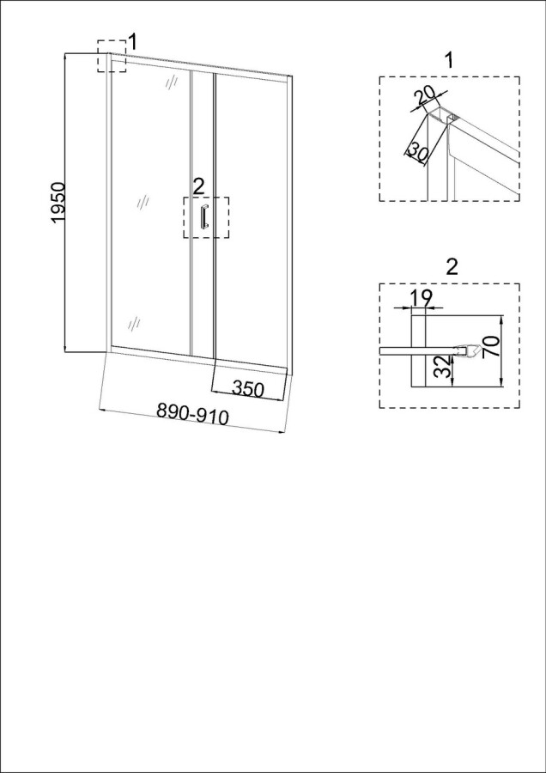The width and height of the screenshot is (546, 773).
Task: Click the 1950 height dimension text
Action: (x=58, y=203)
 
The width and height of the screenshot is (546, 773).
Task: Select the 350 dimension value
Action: (x=248, y=389)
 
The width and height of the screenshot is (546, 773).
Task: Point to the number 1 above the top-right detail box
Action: (x=448, y=60)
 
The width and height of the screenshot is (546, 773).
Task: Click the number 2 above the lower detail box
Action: (x=452, y=267)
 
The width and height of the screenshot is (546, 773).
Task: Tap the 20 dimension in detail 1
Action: (x=425, y=96)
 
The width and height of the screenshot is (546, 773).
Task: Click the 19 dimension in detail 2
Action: (x=421, y=298)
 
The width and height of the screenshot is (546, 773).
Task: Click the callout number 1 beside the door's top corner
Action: (x=132, y=43)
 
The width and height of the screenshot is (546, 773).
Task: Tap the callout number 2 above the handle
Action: (x=198, y=186)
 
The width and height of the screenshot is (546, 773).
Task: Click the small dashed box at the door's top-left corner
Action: (x=112, y=56)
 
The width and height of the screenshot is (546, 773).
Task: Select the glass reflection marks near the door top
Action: (x=171, y=82)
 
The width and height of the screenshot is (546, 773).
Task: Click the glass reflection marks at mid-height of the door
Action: (x=143, y=202)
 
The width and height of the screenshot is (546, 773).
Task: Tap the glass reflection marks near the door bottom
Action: (x=134, y=324)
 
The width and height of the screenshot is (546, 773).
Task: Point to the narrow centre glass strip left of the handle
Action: (x=202, y=215)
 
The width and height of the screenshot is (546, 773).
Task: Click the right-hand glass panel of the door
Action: (x=251, y=222)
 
